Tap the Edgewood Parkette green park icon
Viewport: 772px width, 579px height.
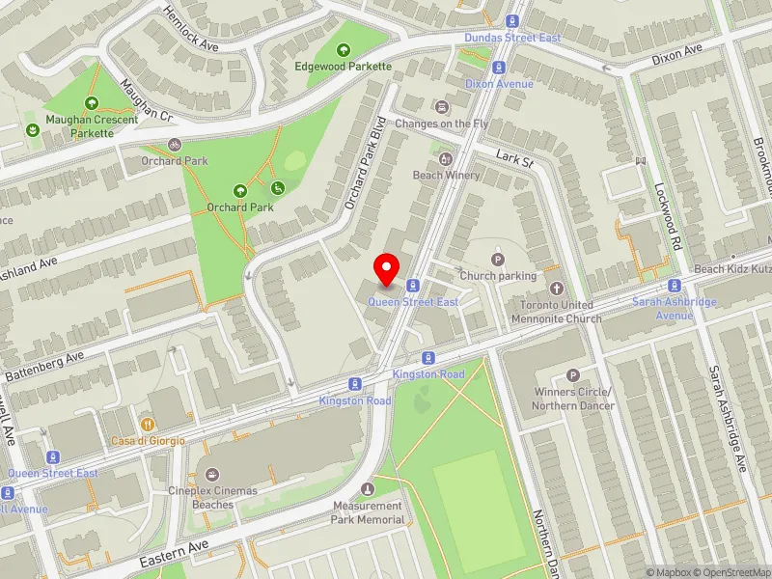click(x=343, y=50)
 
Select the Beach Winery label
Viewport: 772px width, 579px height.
click(x=445, y=175)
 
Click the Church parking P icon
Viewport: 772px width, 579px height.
click(x=498, y=259)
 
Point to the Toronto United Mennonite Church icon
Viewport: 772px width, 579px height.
click(x=556, y=289)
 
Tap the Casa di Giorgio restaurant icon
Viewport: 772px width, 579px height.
click(x=147, y=424)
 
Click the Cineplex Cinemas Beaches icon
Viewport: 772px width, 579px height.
click(x=212, y=474)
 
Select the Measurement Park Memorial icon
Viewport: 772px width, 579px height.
click(x=367, y=489)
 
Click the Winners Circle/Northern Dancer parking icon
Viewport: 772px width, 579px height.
click(x=573, y=375)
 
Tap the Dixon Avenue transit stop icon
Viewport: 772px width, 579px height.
click(x=499, y=68)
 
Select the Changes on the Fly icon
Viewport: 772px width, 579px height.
click(x=442, y=107)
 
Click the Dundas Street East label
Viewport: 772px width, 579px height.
click(x=512, y=38)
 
